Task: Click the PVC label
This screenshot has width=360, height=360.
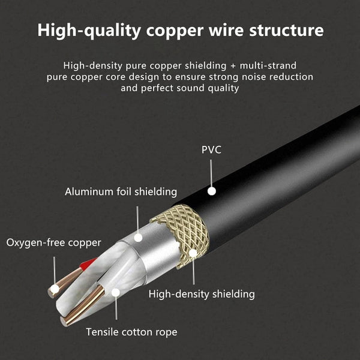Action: pyautogui.click(x=211, y=149)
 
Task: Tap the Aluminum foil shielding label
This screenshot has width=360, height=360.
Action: pyautogui.click(x=121, y=192)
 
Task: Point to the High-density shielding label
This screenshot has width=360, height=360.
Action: pyautogui.click(x=202, y=294)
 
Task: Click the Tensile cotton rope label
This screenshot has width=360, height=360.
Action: pyautogui.click(x=131, y=332)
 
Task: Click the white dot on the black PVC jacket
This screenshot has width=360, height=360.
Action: pyautogui.click(x=211, y=191)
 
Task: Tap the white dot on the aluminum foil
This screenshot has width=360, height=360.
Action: pyautogui.click(x=138, y=238)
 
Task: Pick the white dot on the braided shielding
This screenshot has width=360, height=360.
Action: pyautogui.click(x=193, y=253)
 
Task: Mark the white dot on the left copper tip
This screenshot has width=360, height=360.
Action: pyautogui.click(x=54, y=289)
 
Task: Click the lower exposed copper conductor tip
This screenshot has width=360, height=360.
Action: pyautogui.click(x=75, y=315)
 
